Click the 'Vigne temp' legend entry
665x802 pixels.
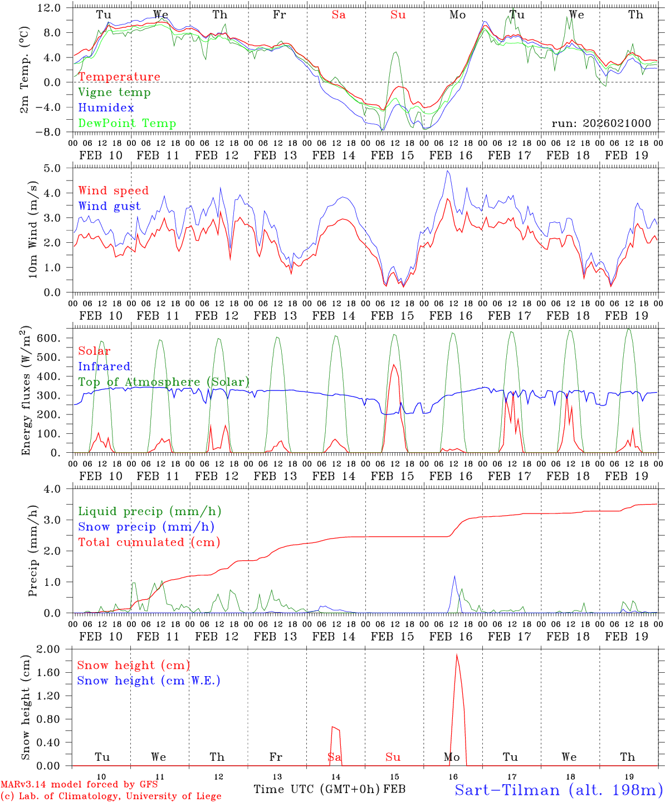pyautogui.click(x=114, y=92)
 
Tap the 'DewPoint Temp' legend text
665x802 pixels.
pyautogui.click(x=127, y=124)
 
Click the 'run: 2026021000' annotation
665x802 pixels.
pyautogui.click(x=601, y=124)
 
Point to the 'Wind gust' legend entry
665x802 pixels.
pyautogui.click(x=109, y=206)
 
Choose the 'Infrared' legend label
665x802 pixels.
pyautogui.click(x=104, y=366)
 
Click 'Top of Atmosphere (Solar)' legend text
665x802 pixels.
pyautogui.click(x=164, y=382)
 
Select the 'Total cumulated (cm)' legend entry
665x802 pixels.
pyautogui.click(x=149, y=542)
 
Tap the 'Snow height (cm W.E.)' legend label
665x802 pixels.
pyautogui.click(x=149, y=681)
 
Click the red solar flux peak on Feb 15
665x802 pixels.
pyautogui.click(x=394, y=365)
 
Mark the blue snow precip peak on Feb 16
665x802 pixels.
pyautogui.click(x=454, y=576)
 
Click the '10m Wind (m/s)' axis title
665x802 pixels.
pyautogui.click(x=32, y=230)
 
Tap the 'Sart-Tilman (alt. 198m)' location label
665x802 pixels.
pyautogui.click(x=559, y=790)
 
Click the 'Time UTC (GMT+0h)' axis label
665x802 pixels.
pyautogui.click(x=317, y=789)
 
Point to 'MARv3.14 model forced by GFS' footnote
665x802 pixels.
pyautogui.click(x=79, y=785)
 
